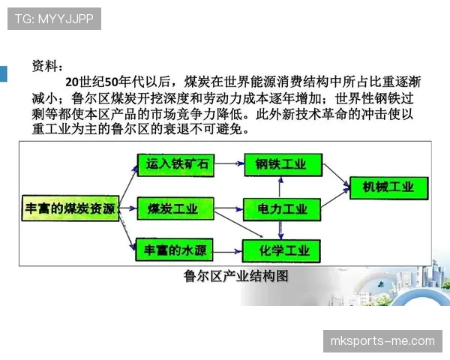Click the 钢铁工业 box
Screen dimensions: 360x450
click(281, 164)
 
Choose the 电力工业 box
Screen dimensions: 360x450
click(281, 208)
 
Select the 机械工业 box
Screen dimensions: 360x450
click(387, 187)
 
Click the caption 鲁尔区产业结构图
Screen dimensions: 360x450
click(235, 276)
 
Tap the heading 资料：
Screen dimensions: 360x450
click(49, 65)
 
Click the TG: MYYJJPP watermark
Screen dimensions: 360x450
click(54, 19)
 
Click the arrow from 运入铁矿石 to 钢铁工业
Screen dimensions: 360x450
click(227, 163)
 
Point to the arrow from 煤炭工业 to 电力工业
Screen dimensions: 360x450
click(227, 208)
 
